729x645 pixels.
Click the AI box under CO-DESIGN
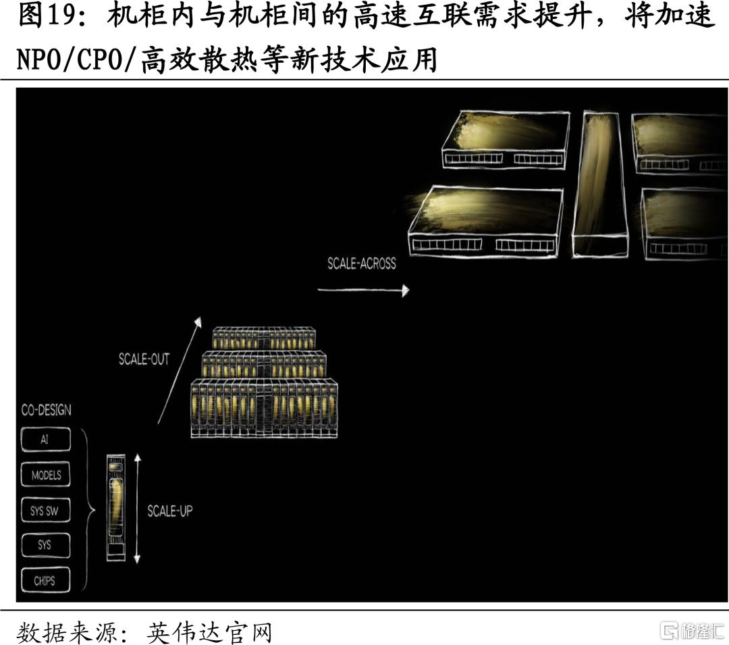46,440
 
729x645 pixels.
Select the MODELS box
46,475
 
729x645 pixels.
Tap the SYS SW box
46,511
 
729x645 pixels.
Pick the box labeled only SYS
46,545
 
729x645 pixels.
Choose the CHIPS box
46,580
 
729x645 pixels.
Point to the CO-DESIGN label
47,410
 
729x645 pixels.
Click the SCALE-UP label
169,511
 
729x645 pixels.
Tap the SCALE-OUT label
144,359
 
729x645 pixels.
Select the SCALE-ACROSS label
362,263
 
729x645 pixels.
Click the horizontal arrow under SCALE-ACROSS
363,290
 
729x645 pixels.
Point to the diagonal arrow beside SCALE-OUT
180,370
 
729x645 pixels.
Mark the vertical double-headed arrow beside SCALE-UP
137,509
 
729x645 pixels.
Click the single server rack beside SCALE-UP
116,507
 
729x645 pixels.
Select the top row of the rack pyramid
265,338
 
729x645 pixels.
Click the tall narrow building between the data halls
600,184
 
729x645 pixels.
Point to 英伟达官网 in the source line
209,632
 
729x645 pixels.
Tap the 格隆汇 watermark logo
693,631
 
